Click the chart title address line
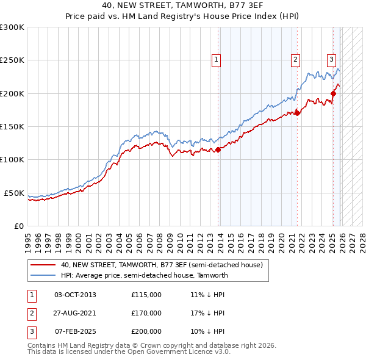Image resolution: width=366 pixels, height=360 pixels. [183, 5]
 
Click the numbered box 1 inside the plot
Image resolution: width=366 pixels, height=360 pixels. [217, 59]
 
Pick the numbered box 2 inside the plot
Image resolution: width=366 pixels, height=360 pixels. [295, 59]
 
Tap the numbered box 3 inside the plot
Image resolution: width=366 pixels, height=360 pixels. [331, 59]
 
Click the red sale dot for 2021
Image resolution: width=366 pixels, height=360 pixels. [297, 113]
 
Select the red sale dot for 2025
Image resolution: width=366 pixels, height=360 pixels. [334, 93]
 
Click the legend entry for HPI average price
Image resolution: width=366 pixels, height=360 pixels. [144, 275]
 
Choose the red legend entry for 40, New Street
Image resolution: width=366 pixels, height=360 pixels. [161, 265]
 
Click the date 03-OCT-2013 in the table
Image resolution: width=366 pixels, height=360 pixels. [75, 295]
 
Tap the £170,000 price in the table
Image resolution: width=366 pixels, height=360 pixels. [146, 313]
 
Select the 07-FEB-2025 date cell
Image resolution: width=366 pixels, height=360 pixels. [75, 331]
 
